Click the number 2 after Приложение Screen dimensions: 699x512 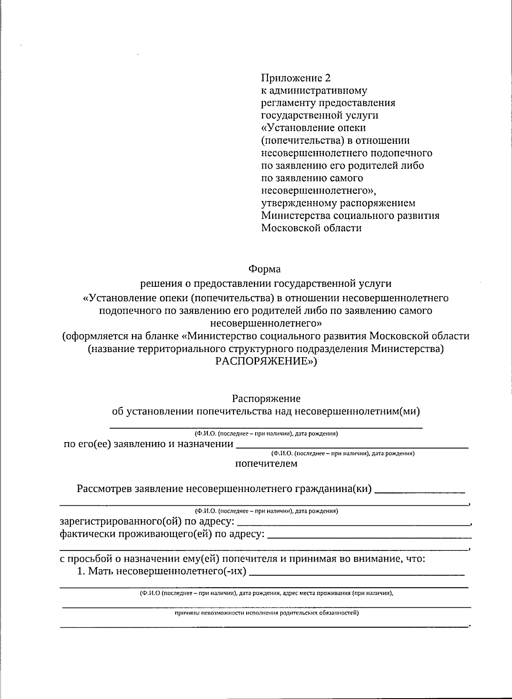327,78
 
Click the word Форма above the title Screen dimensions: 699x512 265,269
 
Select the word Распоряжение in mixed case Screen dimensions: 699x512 266,398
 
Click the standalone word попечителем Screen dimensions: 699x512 266,463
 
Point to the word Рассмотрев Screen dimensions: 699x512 105,489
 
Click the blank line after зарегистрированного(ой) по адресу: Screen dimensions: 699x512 352,523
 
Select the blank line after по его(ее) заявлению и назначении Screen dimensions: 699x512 352,446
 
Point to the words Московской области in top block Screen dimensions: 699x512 311,228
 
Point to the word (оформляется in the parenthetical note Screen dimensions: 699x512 91,336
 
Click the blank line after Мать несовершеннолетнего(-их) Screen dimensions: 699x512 356,574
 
